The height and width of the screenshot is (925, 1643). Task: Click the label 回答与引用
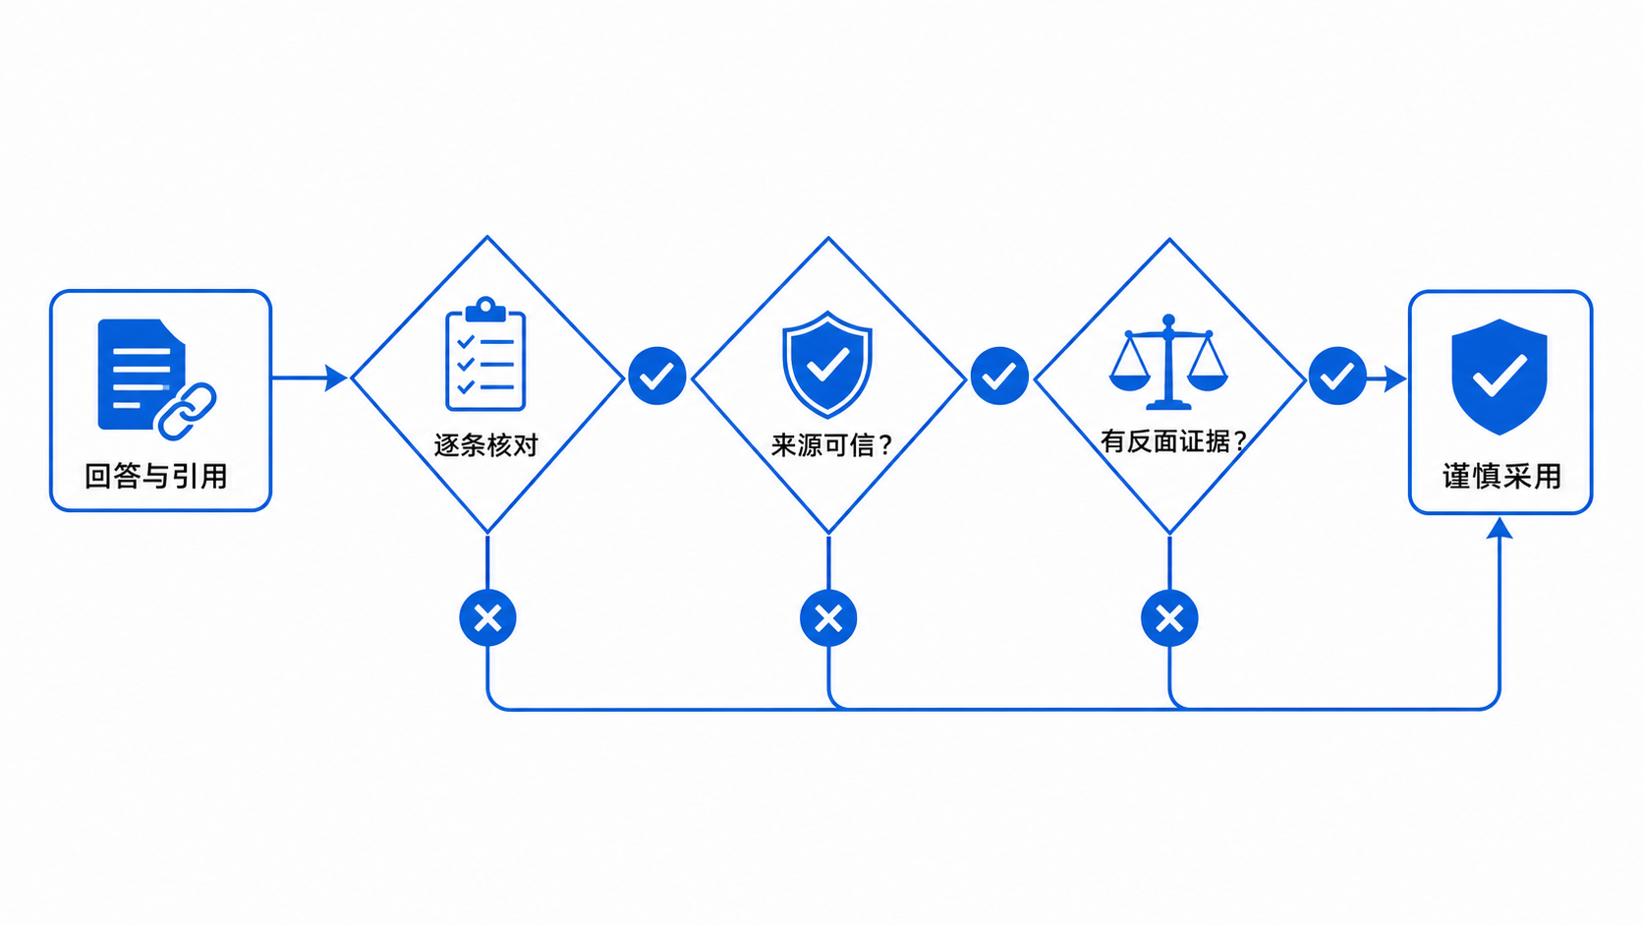coord(156,476)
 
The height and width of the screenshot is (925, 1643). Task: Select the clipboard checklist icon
coord(485,354)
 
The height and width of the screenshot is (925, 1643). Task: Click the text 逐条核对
coord(486,444)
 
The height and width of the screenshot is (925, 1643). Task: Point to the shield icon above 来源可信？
coord(827,364)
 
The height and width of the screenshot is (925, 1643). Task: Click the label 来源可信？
coord(831,444)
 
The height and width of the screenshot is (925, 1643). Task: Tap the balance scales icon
coord(1168,362)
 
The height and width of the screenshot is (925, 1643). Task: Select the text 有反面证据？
coord(1173,440)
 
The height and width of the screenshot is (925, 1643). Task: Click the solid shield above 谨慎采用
coord(1500,376)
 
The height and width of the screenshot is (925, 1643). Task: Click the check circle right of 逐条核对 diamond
coord(657,376)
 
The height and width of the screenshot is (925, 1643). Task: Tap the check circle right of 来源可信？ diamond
coord(999,376)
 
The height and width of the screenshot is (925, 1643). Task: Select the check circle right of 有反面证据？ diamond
coord(1337,376)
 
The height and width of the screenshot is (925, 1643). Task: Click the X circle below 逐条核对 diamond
coord(487,617)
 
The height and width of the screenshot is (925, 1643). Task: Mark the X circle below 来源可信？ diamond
coord(828,618)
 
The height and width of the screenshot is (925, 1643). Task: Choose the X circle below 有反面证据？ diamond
coord(1170,618)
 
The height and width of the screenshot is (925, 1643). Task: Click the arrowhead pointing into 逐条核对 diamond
coord(336,377)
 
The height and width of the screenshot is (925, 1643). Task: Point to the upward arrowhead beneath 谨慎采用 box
coord(1500,528)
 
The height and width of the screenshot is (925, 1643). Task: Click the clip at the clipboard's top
coord(485,309)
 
